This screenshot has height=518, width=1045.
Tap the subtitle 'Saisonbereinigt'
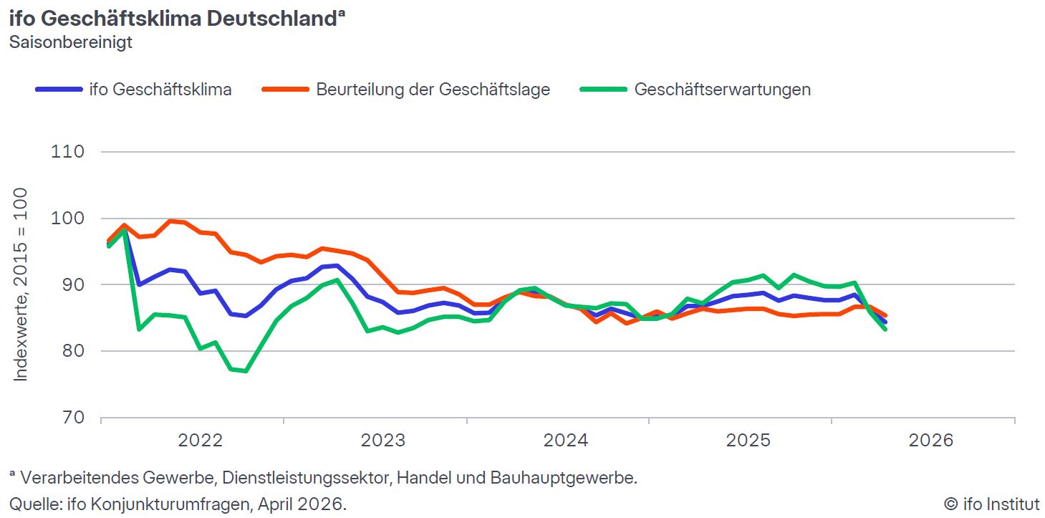tap(71, 42)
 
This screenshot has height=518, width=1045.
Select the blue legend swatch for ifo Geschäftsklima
tap(58, 90)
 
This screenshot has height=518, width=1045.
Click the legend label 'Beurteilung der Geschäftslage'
tap(433, 90)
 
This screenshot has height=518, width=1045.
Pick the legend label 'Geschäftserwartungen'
tap(722, 90)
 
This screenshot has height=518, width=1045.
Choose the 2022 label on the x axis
tap(201, 440)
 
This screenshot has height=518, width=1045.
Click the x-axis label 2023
tap(382, 440)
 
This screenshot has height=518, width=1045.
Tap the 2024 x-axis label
tap(566, 440)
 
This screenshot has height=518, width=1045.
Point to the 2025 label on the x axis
tap(748, 440)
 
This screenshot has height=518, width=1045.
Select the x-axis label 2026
tap(931, 440)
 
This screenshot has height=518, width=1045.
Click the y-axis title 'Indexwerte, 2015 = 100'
tap(21, 284)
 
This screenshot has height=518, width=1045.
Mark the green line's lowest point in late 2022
tap(246, 371)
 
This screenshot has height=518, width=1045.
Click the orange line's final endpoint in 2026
tap(885, 315)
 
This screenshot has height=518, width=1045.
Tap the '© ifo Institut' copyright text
tap(991, 504)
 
